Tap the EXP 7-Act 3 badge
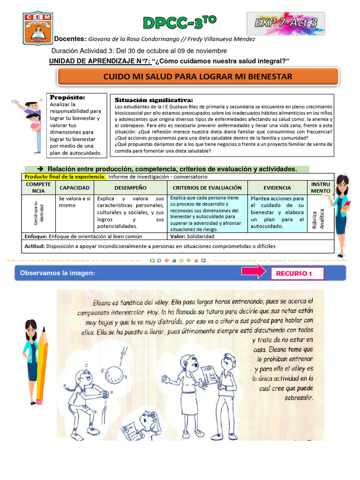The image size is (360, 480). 285,23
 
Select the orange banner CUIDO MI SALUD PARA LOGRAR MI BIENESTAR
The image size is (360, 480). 197,76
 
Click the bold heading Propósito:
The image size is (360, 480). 68,97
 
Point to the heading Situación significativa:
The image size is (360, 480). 153,100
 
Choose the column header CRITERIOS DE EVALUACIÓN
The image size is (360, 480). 206,187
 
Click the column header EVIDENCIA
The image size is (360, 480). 277,187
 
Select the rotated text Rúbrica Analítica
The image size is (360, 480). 321,218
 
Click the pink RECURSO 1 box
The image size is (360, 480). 297,273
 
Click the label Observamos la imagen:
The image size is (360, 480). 57,273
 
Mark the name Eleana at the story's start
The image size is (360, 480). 104,302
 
